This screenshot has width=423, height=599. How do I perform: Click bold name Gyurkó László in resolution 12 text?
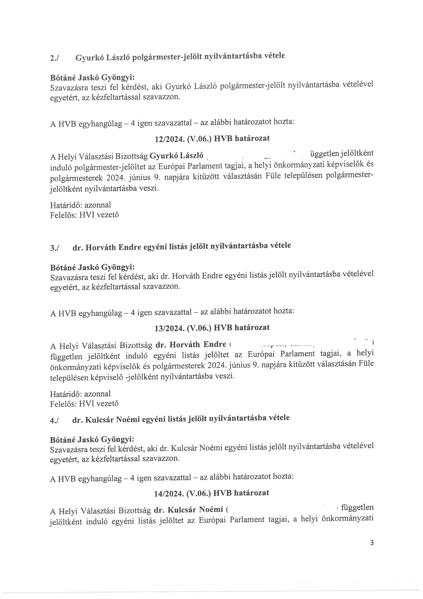176,156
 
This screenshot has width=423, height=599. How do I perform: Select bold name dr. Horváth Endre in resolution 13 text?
190,345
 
